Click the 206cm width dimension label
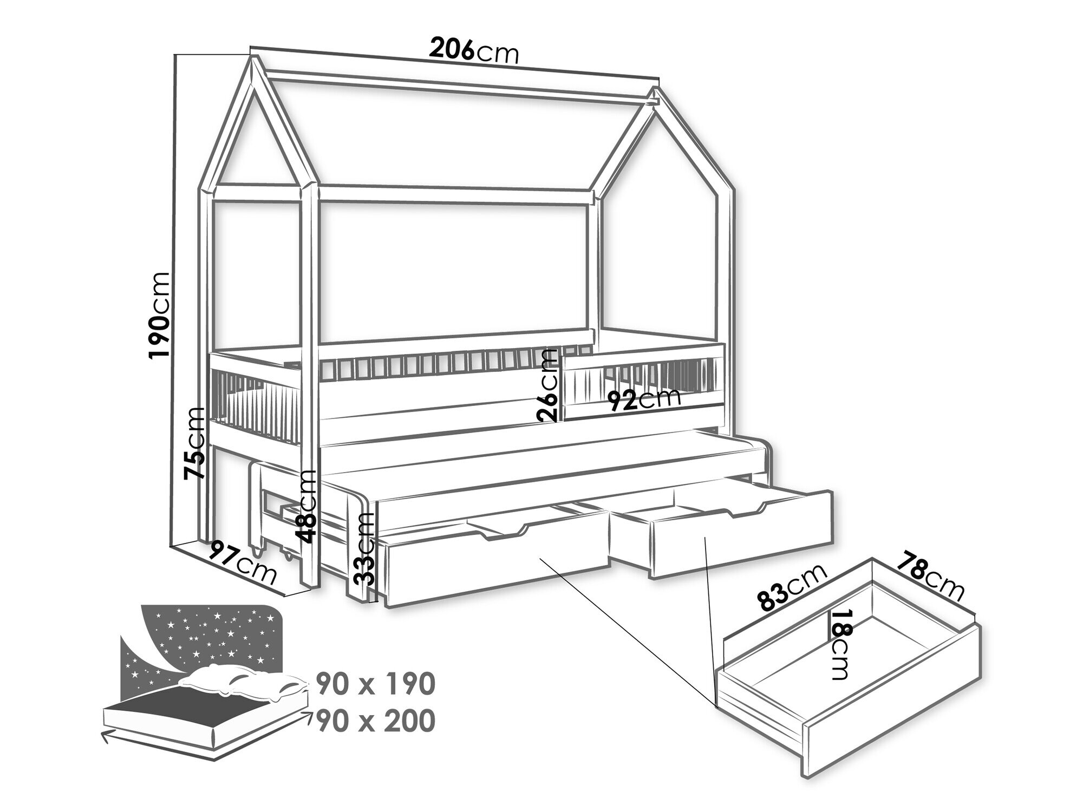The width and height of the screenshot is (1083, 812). coord(474,51)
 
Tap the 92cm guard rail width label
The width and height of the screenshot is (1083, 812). coord(643,398)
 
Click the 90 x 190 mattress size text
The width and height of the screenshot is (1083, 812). coord(376,684)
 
